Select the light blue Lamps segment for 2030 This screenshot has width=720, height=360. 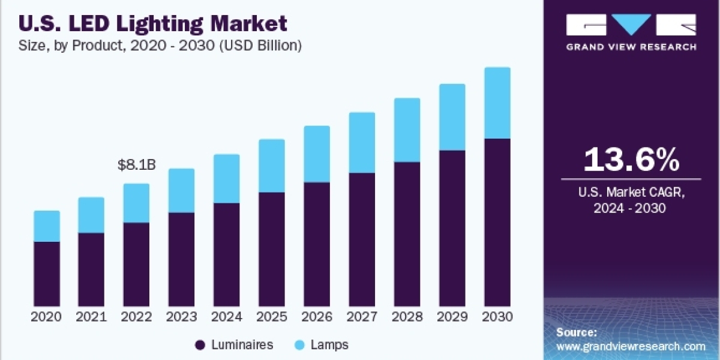[x=497, y=103]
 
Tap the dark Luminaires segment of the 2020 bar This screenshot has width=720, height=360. [x=47, y=274]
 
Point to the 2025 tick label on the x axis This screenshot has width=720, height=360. [x=272, y=317]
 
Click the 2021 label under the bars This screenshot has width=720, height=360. [x=91, y=317]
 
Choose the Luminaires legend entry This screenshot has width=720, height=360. [x=235, y=344]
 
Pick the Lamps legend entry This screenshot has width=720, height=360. [x=322, y=344]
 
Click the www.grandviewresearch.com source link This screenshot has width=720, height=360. [x=631, y=346]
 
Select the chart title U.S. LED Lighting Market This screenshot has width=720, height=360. [x=153, y=23]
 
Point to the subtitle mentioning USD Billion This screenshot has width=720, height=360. [x=160, y=46]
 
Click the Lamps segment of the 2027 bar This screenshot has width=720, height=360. [x=362, y=143]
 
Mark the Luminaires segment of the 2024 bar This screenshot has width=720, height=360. [x=227, y=254]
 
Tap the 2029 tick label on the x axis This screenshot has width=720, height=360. [x=452, y=317]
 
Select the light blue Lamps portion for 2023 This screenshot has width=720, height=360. [x=182, y=190]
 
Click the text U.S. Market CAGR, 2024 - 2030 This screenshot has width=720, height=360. [x=631, y=200]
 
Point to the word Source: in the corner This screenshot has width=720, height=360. [x=576, y=332]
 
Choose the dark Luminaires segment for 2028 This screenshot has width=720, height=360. [x=407, y=234]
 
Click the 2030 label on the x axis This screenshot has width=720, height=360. [x=497, y=317]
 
